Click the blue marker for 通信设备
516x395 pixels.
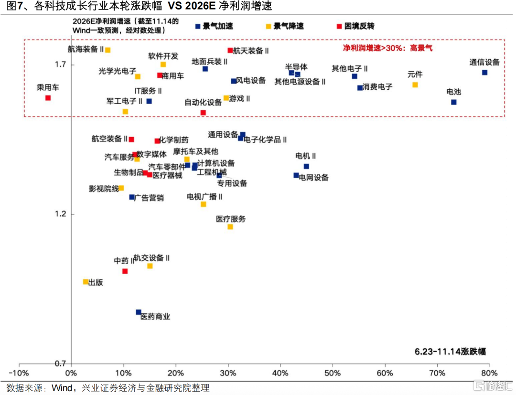click(x=484, y=73)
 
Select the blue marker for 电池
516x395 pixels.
click(x=453, y=102)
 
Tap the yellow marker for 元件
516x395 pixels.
click(x=415, y=85)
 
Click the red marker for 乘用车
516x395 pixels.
click(x=48, y=98)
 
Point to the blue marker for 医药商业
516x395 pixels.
click(x=139, y=312)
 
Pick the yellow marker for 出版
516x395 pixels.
click(x=86, y=282)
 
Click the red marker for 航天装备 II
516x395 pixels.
click(x=230, y=50)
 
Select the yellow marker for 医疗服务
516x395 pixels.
click(x=230, y=227)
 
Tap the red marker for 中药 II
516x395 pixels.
click(x=125, y=271)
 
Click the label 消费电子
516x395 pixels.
click(x=377, y=87)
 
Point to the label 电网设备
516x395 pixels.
click(x=314, y=178)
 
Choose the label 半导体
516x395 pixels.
click(x=296, y=67)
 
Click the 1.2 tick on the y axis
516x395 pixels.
click(x=61, y=214)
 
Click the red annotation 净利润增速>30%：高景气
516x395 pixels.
click(x=387, y=48)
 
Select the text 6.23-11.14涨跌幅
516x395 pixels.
click(x=450, y=352)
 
